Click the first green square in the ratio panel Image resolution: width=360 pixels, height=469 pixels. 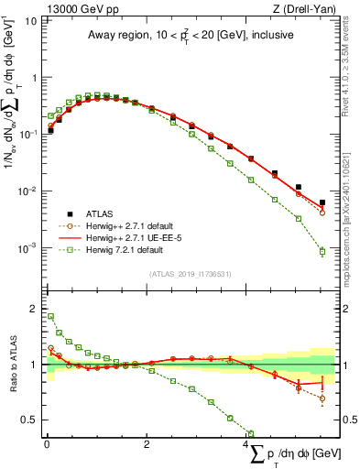click(50, 317)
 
